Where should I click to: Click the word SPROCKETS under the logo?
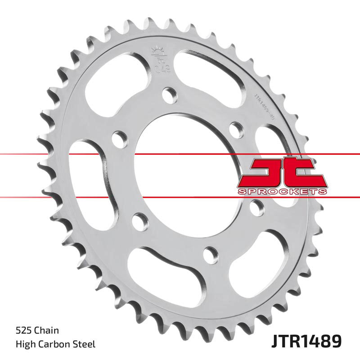pyautogui.click(x=282, y=192)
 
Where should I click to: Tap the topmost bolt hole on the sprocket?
pyautogui.click(x=169, y=94)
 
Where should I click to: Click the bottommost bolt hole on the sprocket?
pyautogui.click(x=210, y=255)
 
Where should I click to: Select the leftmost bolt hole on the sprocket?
pyautogui.click(x=118, y=137)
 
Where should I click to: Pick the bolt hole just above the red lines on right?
pyautogui.click(x=236, y=129)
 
